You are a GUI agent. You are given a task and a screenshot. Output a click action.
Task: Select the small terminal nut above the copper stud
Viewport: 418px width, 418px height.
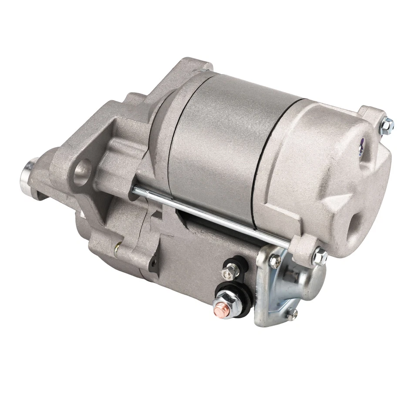pyautogui.click(x=228, y=273)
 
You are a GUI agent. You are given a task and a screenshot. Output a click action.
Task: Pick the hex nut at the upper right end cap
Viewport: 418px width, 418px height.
pyautogui.click(x=387, y=125)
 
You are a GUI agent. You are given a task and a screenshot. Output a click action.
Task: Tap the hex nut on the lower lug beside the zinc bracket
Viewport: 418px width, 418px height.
pyautogui.click(x=320, y=257)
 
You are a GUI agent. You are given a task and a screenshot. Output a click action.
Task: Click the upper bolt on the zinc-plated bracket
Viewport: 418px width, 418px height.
pyautogui.click(x=275, y=261)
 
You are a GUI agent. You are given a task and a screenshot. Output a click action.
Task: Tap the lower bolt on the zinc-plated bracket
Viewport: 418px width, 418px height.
pyautogui.click(x=291, y=313)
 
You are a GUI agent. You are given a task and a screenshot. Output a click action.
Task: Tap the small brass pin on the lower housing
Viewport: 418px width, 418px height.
pyautogui.click(x=116, y=250)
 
